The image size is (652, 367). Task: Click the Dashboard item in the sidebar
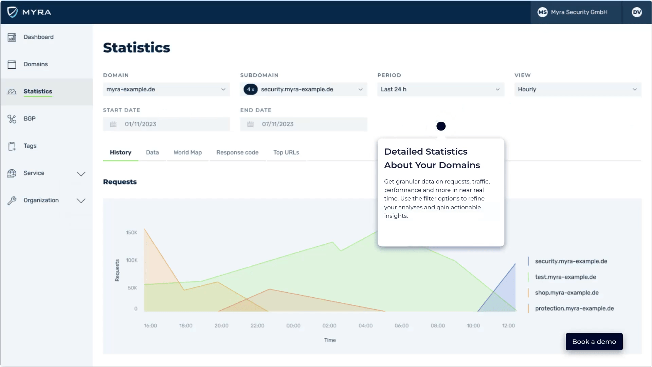[x=38, y=37]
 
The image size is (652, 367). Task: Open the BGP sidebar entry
[x=30, y=119]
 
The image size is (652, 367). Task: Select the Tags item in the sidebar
[x=30, y=146]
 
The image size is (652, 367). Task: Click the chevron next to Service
[x=81, y=174]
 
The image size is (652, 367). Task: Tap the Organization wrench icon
[x=12, y=200]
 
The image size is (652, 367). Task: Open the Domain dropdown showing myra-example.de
[x=166, y=89]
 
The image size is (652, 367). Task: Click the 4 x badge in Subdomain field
[x=251, y=89]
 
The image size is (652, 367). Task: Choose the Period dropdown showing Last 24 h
[x=440, y=89]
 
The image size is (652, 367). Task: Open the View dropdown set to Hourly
[x=577, y=89]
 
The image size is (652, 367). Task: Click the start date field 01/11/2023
[x=166, y=124]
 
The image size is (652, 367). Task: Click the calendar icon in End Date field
[x=250, y=124]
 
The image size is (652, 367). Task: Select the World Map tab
[x=187, y=153]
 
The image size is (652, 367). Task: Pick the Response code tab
[x=237, y=153]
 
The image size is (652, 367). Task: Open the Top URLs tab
[x=286, y=153]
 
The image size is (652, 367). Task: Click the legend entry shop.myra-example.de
[x=566, y=293]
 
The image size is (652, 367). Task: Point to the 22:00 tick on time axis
[x=257, y=326]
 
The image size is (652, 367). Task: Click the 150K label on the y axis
[x=131, y=233]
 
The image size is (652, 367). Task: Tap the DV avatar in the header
[x=637, y=12]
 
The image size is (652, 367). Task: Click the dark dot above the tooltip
[x=441, y=126]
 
